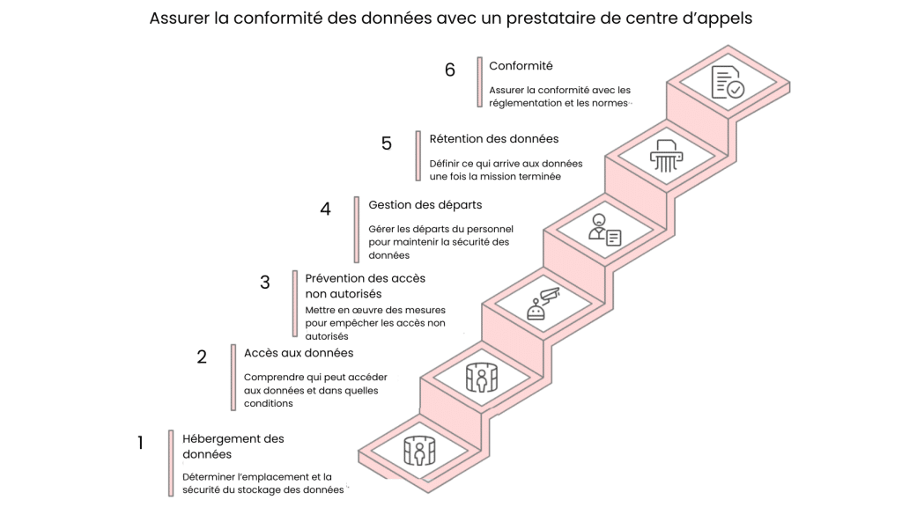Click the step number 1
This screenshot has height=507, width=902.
[140, 443]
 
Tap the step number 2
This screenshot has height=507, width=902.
[202, 356]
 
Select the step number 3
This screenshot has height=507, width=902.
[265, 283]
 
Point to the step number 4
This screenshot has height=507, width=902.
[326, 209]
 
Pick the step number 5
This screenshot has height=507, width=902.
[387, 143]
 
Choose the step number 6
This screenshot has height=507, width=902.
[450, 70]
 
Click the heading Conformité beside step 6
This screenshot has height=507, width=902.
[521, 66]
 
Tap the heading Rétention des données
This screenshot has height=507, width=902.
[493, 139]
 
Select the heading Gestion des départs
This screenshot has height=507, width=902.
[425, 205]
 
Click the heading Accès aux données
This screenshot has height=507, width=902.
[299, 353]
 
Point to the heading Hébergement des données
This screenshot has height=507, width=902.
[233, 446]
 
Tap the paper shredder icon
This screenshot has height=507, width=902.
[666, 156]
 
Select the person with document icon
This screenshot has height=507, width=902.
[605, 230]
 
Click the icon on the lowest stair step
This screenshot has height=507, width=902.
[420, 450]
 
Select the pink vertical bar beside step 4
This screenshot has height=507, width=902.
[357, 229]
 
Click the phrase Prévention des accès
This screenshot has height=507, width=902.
[366, 278]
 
